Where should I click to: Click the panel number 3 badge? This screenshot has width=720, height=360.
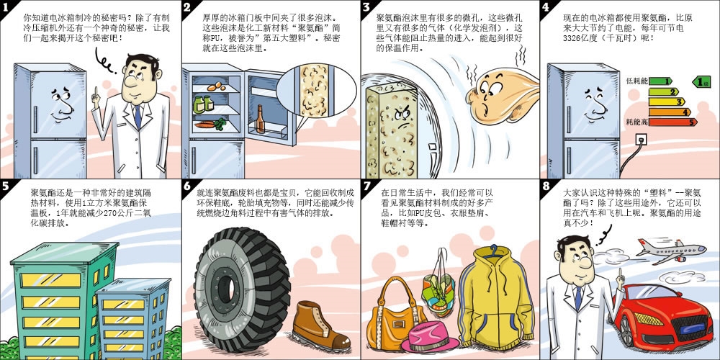(366, 7)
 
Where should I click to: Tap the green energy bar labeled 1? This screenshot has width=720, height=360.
(660, 81)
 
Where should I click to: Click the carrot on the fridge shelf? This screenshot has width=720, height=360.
(207, 124)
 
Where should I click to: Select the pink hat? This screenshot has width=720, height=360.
(429, 336)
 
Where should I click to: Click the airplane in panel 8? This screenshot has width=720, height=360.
(671, 251)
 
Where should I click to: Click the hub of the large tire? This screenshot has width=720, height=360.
(228, 289)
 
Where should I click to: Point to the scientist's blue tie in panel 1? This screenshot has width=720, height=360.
(138, 117)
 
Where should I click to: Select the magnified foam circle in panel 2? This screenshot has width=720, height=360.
(316, 90)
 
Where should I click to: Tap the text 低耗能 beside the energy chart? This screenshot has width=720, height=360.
(636, 81)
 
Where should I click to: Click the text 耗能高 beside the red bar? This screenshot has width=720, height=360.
(636, 122)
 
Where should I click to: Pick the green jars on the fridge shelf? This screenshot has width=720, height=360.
(203, 104)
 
